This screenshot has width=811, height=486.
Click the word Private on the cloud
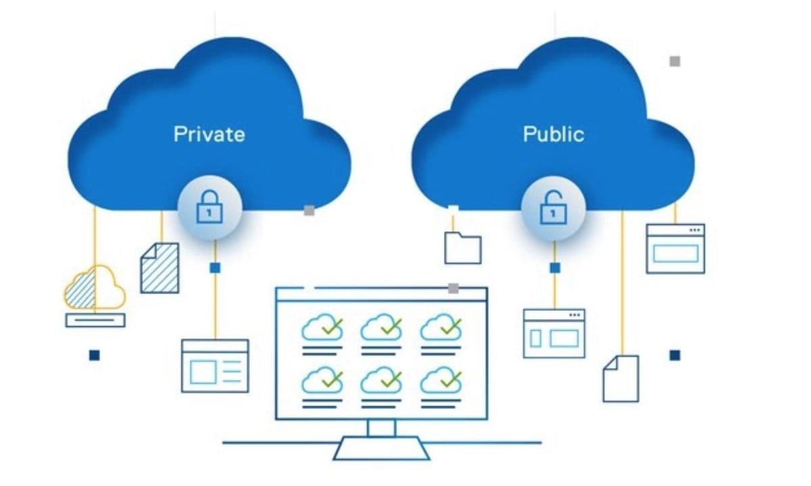point(209,133)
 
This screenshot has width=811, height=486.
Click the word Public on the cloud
point(554,133)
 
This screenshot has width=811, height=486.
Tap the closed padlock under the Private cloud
point(209,210)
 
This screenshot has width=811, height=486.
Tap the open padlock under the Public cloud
point(554,210)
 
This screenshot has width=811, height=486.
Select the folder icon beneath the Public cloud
point(463,247)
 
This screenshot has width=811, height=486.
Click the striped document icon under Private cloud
point(159,268)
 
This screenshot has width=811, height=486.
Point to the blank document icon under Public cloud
point(620,379)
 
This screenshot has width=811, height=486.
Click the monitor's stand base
point(381,447)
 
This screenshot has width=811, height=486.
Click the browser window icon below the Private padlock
point(215,365)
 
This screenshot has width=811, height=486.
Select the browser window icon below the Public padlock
point(554,333)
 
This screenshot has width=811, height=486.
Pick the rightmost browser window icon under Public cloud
point(675,249)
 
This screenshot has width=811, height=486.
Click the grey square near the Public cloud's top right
point(674,61)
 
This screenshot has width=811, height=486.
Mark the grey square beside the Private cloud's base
point(309,210)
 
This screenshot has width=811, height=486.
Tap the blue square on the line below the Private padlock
point(215,268)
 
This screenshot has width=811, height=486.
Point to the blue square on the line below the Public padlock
point(555,268)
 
